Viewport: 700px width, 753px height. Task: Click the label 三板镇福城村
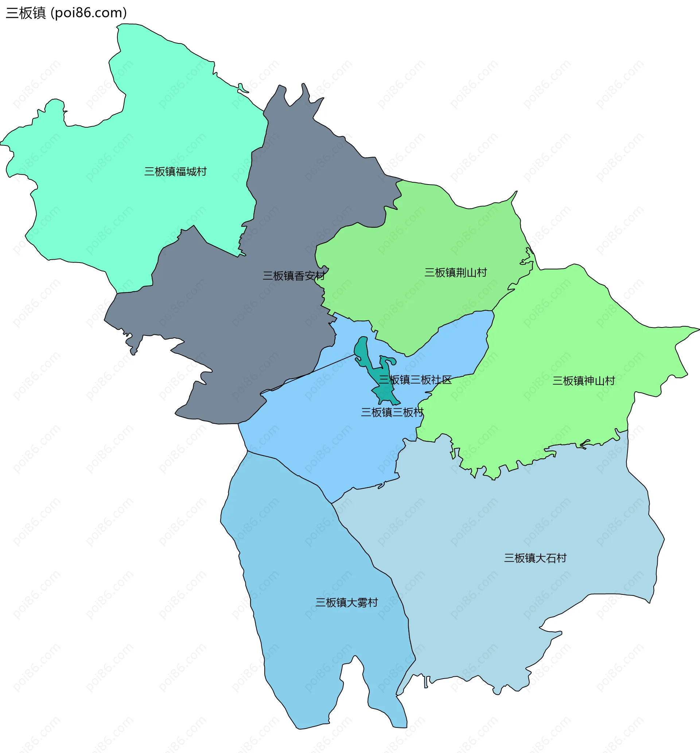(x=175, y=172)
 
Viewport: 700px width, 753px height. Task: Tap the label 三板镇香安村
(x=294, y=276)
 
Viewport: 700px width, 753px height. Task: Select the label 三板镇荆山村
(x=455, y=272)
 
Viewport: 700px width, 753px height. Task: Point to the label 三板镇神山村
(x=583, y=381)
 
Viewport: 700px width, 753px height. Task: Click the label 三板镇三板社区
(x=416, y=380)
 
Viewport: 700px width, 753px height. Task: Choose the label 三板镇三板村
(x=392, y=412)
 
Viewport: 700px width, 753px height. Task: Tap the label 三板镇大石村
(x=535, y=558)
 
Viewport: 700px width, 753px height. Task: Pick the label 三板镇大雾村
(x=347, y=603)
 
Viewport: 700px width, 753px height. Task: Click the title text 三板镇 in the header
(x=26, y=13)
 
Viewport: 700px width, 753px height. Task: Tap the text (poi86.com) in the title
(x=89, y=13)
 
